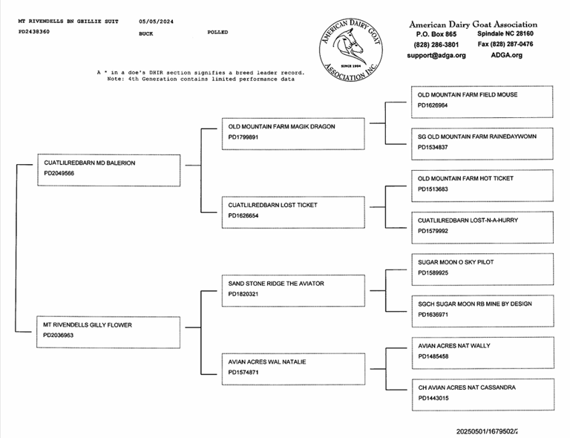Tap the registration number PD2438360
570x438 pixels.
34,32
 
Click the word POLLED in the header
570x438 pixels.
217,33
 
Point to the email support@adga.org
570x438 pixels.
436,55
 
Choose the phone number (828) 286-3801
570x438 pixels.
436,45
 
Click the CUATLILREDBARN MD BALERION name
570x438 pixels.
90,163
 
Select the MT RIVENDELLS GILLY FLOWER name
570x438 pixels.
88,325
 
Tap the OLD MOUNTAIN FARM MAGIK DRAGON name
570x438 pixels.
281,127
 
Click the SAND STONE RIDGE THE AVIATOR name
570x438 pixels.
276,284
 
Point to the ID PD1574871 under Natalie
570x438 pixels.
243,372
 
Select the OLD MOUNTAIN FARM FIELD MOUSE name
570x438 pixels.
468,95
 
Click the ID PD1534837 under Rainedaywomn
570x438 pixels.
433,147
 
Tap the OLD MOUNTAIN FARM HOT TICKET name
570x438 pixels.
465,178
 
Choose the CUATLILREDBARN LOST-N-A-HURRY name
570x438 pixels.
468,220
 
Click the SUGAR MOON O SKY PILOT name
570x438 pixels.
456,262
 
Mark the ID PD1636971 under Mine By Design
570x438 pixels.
433,315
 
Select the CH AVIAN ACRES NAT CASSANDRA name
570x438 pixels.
467,388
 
